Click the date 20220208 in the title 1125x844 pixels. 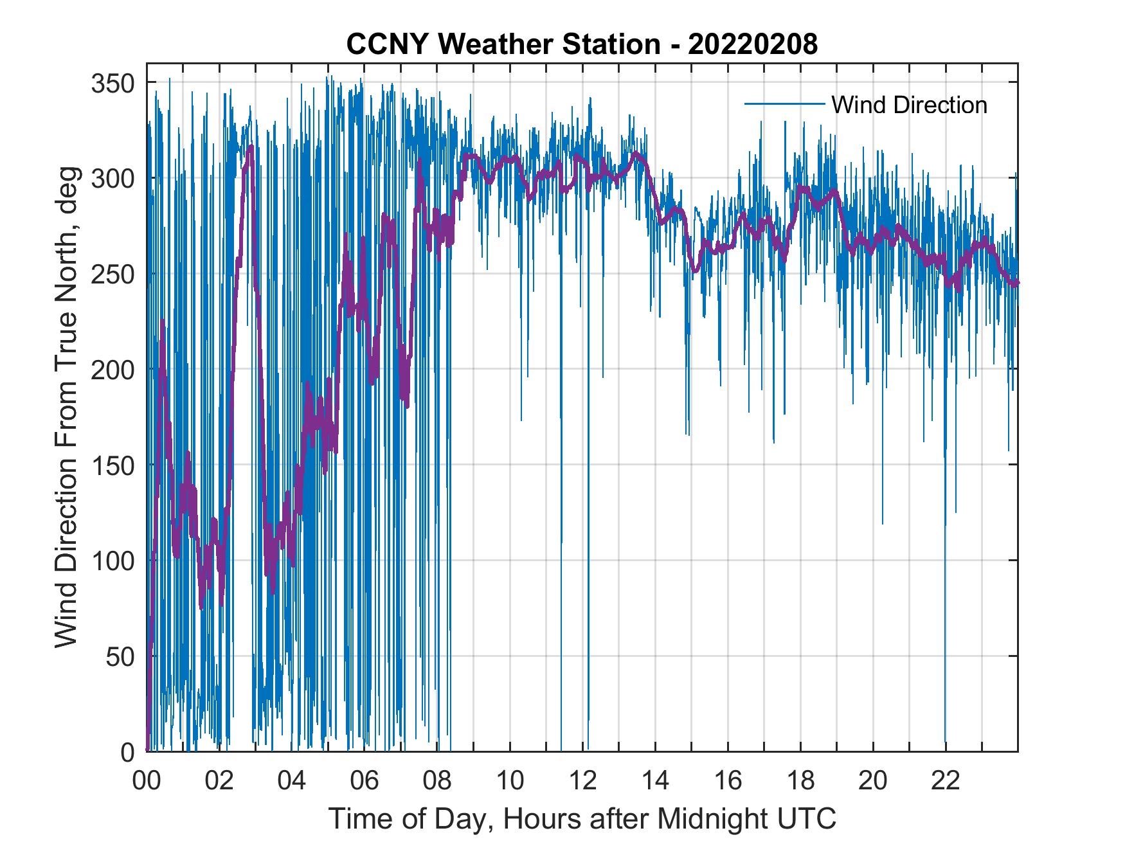tap(753, 44)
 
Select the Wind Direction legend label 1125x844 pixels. tap(909, 105)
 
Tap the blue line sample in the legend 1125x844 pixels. tap(784, 103)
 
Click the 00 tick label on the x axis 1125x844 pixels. tap(147, 781)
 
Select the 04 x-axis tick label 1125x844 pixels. tap(292, 781)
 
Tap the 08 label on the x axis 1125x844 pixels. tap(437, 781)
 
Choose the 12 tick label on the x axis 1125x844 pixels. tap(582, 781)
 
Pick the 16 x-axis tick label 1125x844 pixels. tap(728, 781)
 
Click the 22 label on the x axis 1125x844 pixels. tap(946, 781)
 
